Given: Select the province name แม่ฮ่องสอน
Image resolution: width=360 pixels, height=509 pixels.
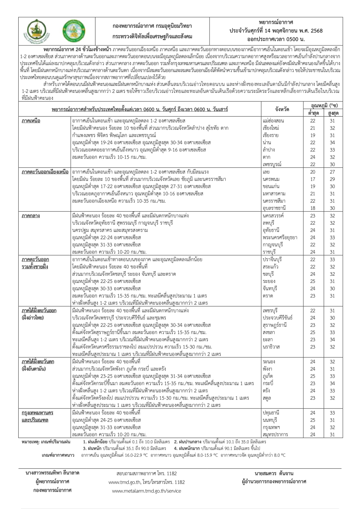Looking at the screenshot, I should point(274,121).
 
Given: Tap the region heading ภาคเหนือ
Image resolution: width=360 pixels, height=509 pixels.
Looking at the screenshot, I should point(31,121).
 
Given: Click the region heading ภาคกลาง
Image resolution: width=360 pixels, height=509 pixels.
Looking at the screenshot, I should point(31,216).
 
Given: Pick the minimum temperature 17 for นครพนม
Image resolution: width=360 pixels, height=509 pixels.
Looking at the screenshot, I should point(313,179).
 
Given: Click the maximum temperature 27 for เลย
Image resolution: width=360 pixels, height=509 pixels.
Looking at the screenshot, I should point(332,172).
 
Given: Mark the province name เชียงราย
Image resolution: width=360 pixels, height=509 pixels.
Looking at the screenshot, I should point(271,135).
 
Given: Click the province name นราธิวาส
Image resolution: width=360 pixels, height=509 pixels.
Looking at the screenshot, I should point(272,347).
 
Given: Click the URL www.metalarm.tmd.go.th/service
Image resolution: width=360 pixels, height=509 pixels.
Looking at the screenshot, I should point(147,491).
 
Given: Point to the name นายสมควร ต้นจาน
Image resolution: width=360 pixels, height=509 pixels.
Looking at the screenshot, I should point(274,473).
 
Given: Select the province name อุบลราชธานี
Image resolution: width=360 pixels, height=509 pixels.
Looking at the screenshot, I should point(274,208).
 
